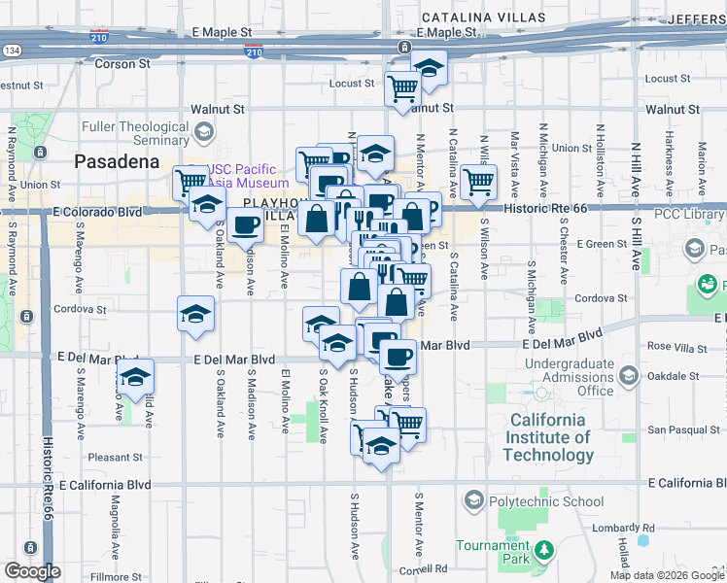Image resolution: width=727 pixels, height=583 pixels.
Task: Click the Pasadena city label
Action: [x=117, y=161]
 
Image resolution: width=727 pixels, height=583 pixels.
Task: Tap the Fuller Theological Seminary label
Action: [x=135, y=134]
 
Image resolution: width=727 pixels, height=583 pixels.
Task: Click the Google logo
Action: [x=31, y=571]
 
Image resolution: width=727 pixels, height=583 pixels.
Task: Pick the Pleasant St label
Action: [x=115, y=456]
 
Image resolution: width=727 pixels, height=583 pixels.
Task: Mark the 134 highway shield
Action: [x=12, y=49]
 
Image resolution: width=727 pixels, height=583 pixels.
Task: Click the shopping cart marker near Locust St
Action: [x=402, y=88]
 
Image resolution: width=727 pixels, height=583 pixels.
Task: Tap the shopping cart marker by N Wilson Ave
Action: [x=477, y=181]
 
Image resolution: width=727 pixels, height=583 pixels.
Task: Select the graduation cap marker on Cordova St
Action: [x=195, y=314]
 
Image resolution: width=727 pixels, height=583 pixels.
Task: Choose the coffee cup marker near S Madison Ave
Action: [x=245, y=225]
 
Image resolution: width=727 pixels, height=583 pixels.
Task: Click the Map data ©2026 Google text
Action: [x=666, y=575]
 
